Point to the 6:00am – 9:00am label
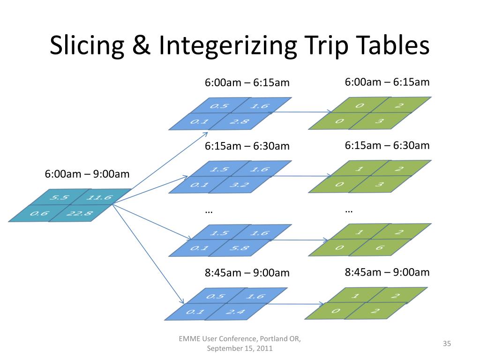click(87, 174)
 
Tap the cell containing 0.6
click(40, 214)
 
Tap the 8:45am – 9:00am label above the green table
click(387, 272)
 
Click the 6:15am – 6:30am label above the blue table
click(247, 146)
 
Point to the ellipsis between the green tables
click(349, 210)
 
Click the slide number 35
click(446, 344)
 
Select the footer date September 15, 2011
click(240, 349)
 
